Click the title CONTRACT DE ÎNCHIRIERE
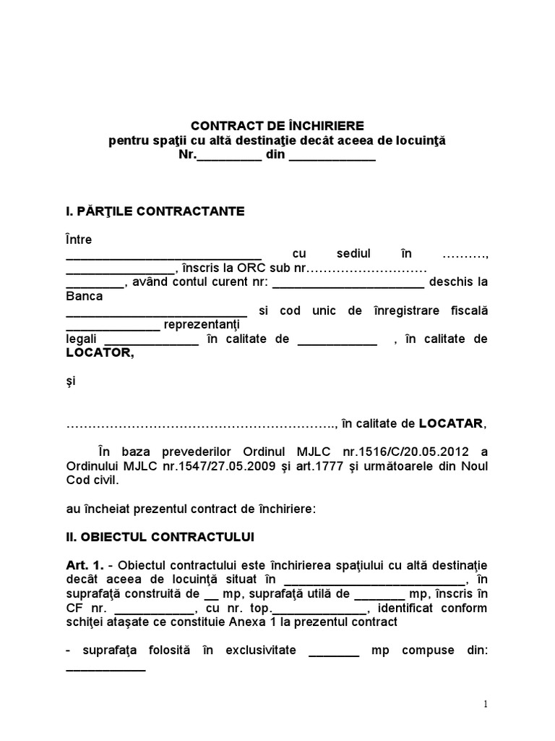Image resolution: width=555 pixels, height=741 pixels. (277, 126)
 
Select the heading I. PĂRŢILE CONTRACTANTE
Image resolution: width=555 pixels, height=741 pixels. (155, 211)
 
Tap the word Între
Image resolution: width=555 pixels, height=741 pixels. (79, 240)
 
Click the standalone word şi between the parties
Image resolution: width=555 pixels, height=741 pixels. (70, 381)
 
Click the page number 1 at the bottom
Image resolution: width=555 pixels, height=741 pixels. (486, 705)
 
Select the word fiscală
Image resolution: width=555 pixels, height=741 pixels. (466, 310)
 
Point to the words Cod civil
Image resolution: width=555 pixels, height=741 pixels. (90, 480)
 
